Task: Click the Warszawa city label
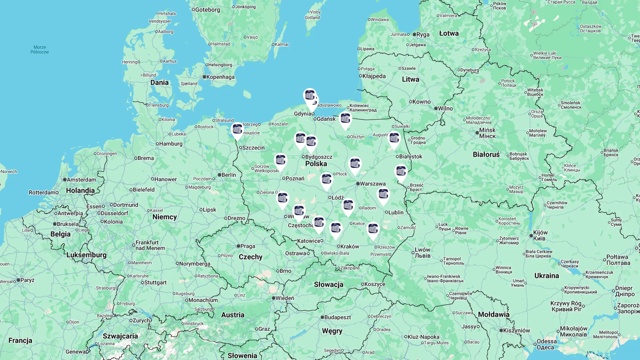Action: (x=372, y=184)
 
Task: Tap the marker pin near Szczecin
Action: (x=237, y=130)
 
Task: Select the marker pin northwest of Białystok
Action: (x=394, y=139)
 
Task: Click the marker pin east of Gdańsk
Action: (x=345, y=119)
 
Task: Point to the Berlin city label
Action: (x=228, y=175)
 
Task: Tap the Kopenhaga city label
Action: (x=220, y=77)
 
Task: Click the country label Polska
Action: (x=316, y=164)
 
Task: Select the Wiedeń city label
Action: (x=284, y=298)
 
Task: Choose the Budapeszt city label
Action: (x=337, y=317)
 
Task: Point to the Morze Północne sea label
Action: (x=40, y=50)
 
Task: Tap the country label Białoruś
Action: (x=486, y=154)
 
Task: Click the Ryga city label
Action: (x=423, y=34)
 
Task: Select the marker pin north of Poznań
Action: (x=280, y=161)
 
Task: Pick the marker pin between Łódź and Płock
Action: (x=326, y=180)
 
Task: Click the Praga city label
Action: (x=248, y=246)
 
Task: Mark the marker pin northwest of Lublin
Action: (x=383, y=195)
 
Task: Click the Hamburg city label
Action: (x=170, y=144)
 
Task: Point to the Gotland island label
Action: (x=312, y=18)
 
